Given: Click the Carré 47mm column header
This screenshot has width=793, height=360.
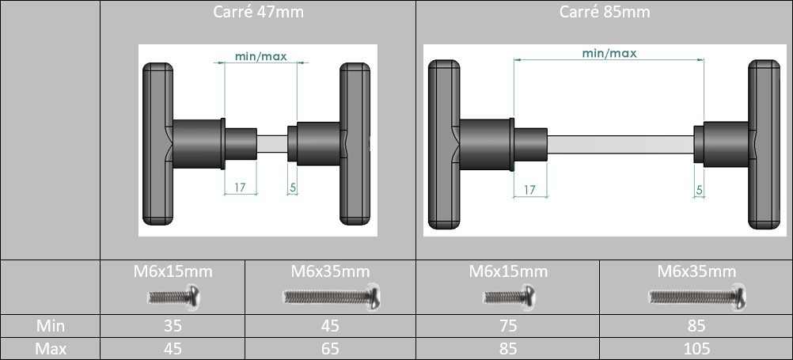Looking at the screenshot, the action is tap(258, 12).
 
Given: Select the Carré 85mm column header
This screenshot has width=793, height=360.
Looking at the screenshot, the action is tap(605, 12).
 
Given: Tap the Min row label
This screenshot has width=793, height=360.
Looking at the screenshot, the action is tap(50, 326).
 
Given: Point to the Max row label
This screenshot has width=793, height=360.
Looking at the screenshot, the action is tap(50, 348).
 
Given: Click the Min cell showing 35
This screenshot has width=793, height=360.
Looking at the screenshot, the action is tap(173, 326).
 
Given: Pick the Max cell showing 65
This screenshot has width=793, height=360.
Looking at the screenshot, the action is tap(330, 348).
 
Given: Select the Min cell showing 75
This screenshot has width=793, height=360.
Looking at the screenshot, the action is tap(508, 326).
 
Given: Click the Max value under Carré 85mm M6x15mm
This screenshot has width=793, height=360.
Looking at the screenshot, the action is tap(508, 348).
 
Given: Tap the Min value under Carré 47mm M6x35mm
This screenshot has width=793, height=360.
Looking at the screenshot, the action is tap(330, 326).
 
